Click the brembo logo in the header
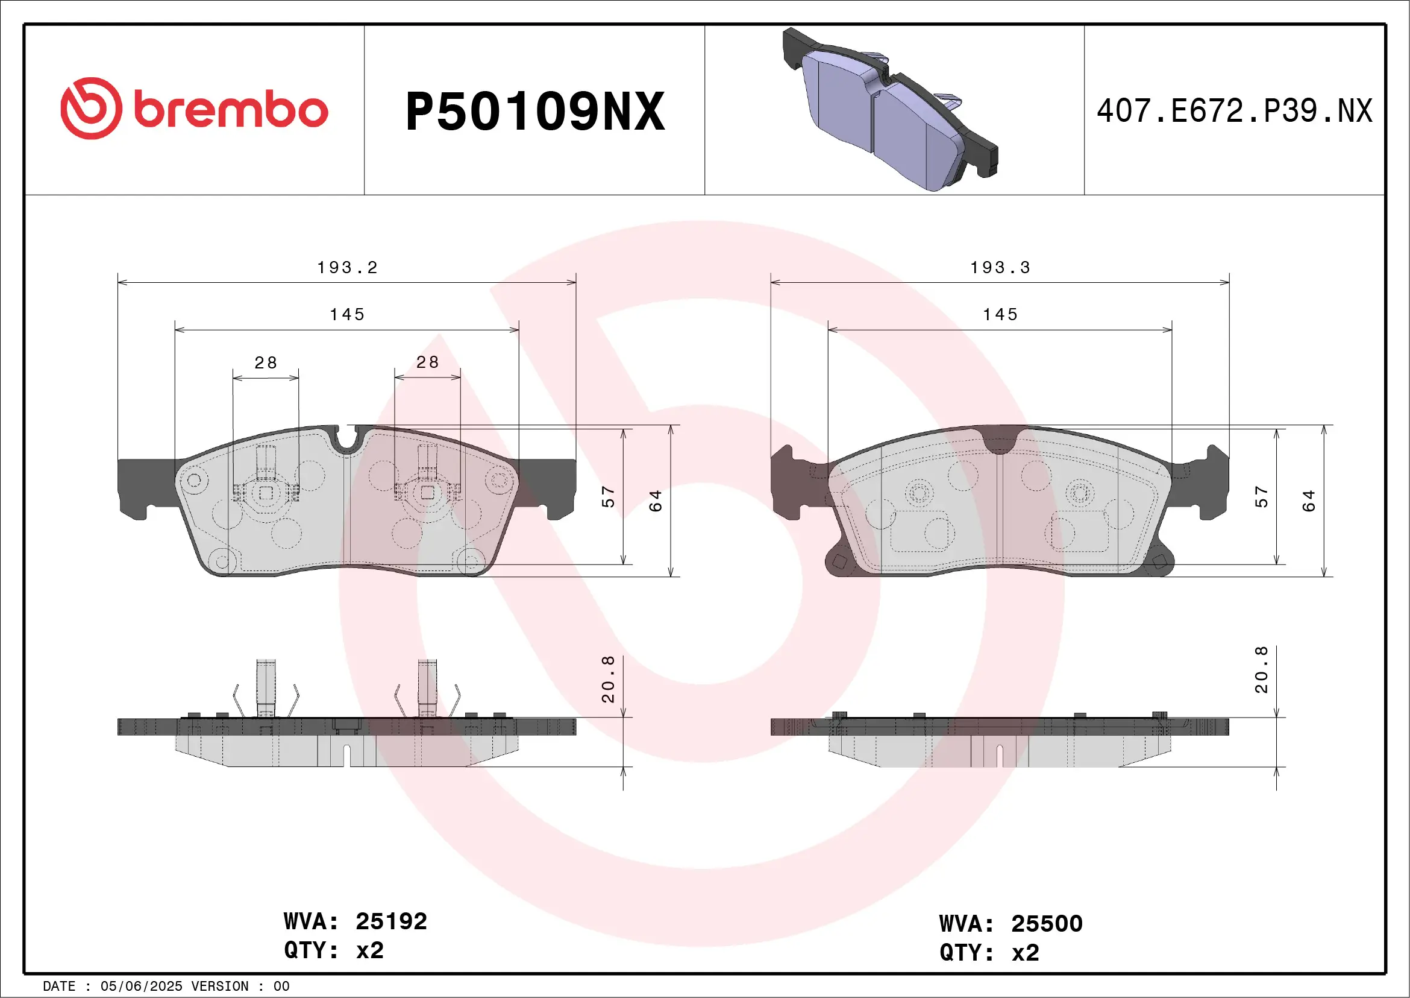click(x=194, y=109)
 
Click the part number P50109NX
click(x=534, y=111)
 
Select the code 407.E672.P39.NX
click(x=1234, y=111)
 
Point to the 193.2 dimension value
click(x=347, y=267)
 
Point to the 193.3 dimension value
click(x=1000, y=267)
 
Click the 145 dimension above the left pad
click(x=347, y=315)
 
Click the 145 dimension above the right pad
click(x=1000, y=315)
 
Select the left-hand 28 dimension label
click(x=265, y=362)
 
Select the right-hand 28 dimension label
click(x=427, y=362)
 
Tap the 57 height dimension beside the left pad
click(x=608, y=496)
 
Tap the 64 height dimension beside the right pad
click(x=1308, y=501)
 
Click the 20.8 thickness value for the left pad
click(x=608, y=678)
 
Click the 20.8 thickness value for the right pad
click(x=1261, y=669)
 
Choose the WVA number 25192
click(x=391, y=921)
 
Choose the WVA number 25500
click(x=1047, y=924)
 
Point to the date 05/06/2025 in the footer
click(x=141, y=987)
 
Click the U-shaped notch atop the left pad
click(x=346, y=437)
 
